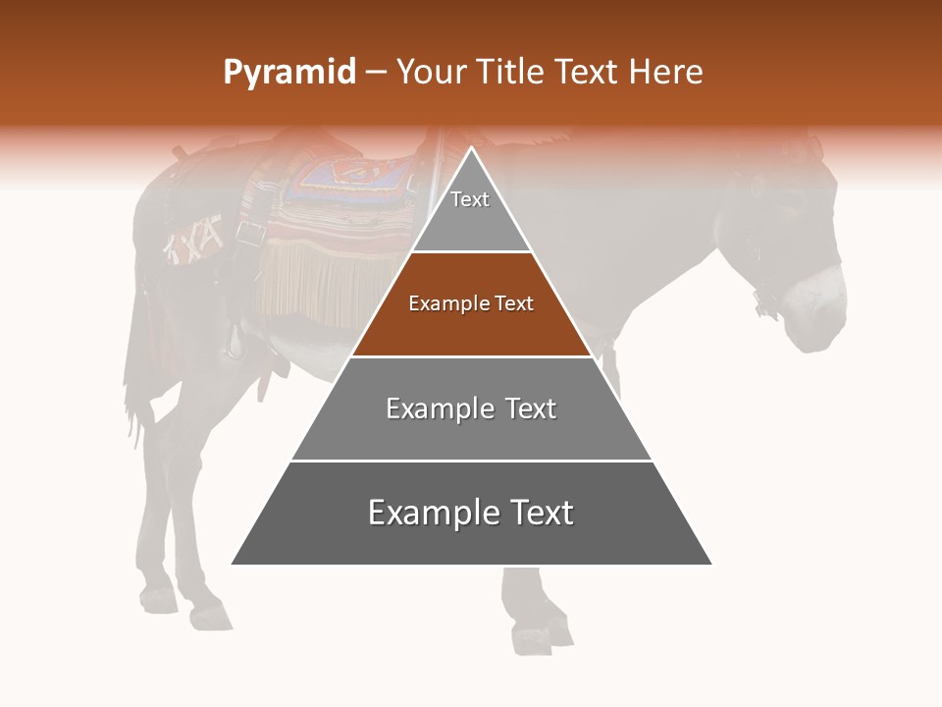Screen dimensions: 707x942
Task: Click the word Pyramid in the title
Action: pyautogui.click(x=289, y=73)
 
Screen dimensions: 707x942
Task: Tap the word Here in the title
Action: pyautogui.click(x=666, y=73)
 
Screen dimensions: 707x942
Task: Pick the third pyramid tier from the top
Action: pyautogui.click(x=471, y=408)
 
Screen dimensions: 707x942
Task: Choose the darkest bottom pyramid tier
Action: pyautogui.click(x=471, y=514)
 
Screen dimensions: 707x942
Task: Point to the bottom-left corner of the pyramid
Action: pyautogui.click(x=232, y=565)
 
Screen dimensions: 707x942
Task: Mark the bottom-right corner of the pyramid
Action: pyautogui.click(x=711, y=565)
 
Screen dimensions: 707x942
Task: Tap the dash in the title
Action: pyautogui.click(x=375, y=73)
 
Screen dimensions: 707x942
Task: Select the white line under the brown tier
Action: pyautogui.click(x=471, y=356)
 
